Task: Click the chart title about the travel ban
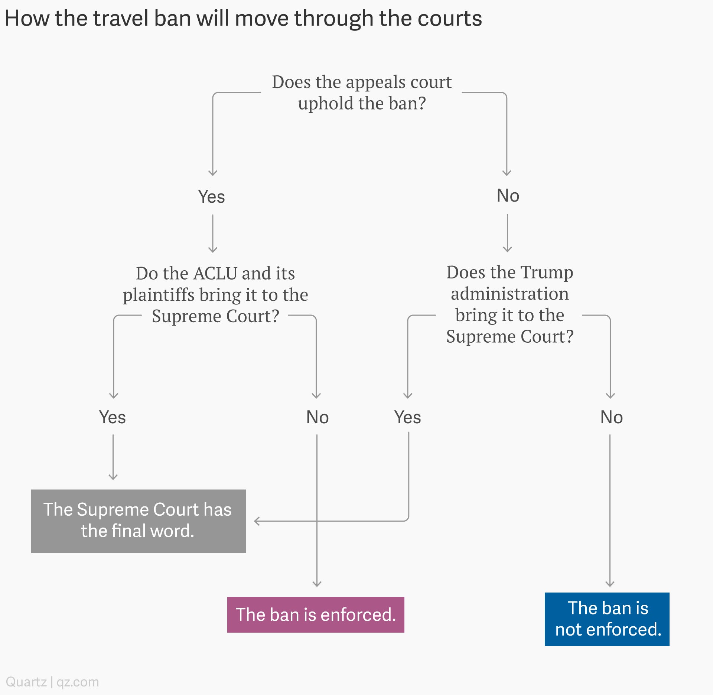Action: [x=243, y=19]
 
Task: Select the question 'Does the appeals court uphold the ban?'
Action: [x=362, y=92]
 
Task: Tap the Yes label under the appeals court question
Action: [x=211, y=196]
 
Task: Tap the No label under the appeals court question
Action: [x=508, y=195]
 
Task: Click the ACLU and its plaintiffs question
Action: [x=215, y=294]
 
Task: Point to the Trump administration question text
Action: [x=510, y=304]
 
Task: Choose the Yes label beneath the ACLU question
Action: [x=112, y=417]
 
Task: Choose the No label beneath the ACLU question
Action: [x=318, y=417]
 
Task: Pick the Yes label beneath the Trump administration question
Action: [x=407, y=417]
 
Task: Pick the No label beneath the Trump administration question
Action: [x=612, y=417]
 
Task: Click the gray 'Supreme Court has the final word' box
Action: [x=139, y=521]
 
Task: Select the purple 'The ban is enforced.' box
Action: [x=316, y=614]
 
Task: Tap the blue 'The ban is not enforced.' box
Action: [x=607, y=619]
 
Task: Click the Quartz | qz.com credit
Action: [x=52, y=682]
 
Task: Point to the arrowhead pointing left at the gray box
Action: [x=256, y=521]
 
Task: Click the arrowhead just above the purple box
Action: [x=317, y=584]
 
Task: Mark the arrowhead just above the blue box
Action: [x=610, y=584]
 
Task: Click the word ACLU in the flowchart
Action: [x=215, y=274]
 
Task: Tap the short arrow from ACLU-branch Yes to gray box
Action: [x=113, y=457]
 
